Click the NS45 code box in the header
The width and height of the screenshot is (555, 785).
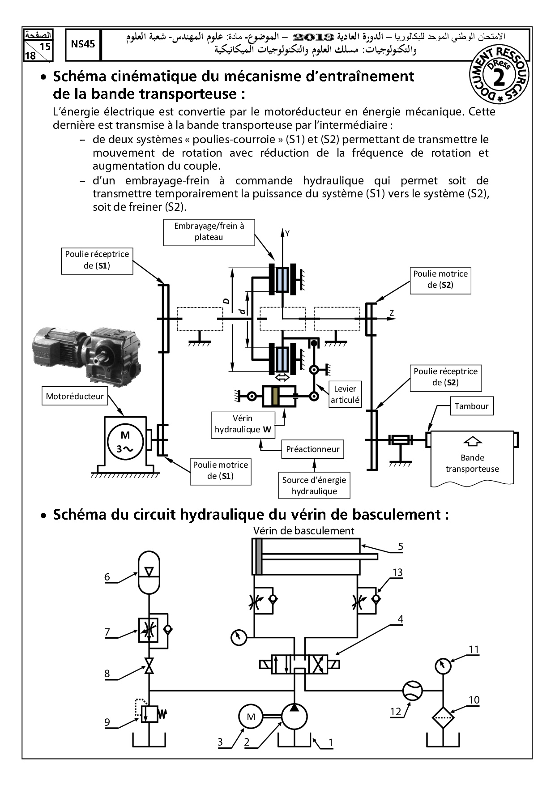tap(83, 44)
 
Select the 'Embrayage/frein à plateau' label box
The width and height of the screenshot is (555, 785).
tap(209, 232)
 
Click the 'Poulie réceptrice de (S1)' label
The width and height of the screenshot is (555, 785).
tap(97, 260)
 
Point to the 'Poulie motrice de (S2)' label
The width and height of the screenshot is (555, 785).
tap(440, 280)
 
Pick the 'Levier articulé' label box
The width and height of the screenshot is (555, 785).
tap(345, 394)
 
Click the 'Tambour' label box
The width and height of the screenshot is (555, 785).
tap(471, 406)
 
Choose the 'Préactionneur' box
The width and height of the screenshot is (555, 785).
tap(312, 449)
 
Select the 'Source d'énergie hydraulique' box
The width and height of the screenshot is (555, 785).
tap(314, 486)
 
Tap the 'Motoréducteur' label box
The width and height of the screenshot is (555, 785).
tap(75, 396)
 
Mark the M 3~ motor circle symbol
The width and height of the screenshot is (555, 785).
tap(125, 442)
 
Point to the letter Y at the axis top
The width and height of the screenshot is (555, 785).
tap(287, 233)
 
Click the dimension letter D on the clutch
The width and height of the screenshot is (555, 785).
tap(226, 301)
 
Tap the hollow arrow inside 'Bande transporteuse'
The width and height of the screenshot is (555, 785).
tap(473, 441)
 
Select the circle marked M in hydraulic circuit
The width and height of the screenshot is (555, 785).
tap(251, 717)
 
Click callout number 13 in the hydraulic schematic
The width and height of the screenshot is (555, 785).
tap(397, 572)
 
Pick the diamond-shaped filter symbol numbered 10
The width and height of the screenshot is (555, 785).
tap(443, 717)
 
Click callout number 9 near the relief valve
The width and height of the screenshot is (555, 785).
tap(107, 722)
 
